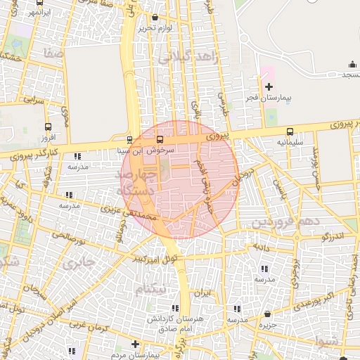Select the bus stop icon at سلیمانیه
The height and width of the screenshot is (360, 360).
click(290, 131)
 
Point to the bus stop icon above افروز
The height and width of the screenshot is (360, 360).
click(48, 127)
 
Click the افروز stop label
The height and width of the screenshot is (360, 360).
click(48, 137)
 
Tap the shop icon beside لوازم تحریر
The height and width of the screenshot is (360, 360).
click(155, 17)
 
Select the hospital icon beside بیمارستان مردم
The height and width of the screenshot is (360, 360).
click(136, 344)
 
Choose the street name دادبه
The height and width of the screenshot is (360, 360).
click(261, 248)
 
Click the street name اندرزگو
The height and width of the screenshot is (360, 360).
click(332, 237)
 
